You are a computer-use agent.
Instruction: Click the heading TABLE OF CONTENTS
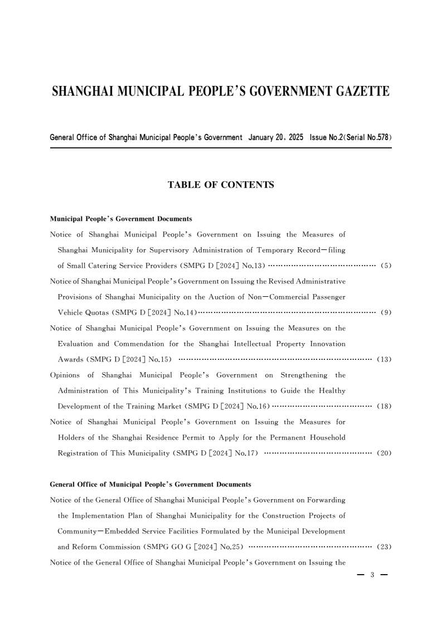[221, 185]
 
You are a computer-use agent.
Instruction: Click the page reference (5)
[386, 266]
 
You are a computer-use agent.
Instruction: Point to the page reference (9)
[386, 312]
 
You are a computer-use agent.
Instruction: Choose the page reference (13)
[384, 359]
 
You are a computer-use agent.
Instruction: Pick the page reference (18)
[384, 406]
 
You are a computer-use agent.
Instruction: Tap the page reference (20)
[384, 453]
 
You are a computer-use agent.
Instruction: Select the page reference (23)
[384, 547]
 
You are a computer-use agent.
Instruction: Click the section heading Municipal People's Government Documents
[121, 219]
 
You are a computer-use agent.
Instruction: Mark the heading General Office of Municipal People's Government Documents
[150, 484]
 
